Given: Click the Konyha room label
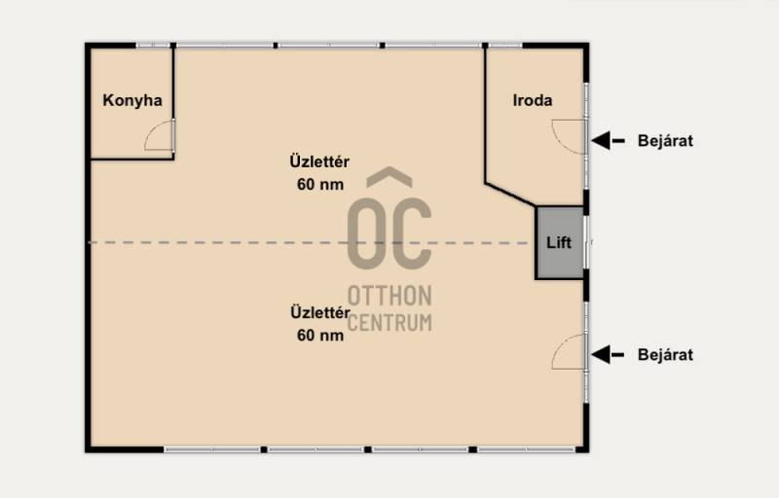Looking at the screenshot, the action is coord(132,101).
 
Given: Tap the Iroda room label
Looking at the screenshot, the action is coord(533,101).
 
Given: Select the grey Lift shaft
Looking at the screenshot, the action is coord(560,242).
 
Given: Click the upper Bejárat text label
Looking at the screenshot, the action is coord(665,141).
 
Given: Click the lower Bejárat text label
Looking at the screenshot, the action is coord(665,355).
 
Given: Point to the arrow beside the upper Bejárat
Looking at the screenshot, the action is coord(608,141).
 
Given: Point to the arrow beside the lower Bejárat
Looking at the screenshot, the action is coord(608,355).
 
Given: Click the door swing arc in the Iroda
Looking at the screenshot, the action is coord(559,142).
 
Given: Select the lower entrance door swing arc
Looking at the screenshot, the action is coord(559,345).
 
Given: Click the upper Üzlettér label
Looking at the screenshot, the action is coord(319,161).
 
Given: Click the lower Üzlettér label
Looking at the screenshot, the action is coord(320,312).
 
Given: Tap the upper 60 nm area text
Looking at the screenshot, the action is coord(320,185).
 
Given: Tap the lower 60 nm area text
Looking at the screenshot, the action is coord(320,336).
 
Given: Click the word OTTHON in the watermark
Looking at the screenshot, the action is coord(389,296).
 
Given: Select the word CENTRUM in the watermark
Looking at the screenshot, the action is coord(389,322).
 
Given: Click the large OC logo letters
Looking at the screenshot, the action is coord(389,233).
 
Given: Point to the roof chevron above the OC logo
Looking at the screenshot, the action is coord(389,177).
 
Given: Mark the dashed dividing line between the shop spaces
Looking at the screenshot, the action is coord(308,242).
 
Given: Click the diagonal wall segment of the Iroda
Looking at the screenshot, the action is coord(510,195).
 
